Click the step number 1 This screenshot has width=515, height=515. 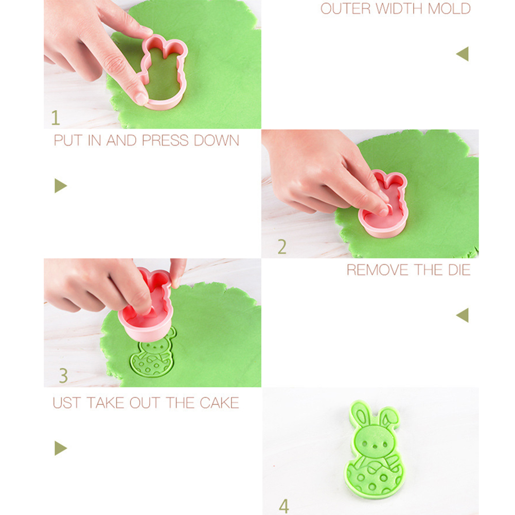click(x=55, y=118)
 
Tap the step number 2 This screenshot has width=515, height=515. click(x=282, y=246)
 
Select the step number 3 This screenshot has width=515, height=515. click(x=63, y=376)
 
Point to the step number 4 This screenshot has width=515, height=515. click(x=284, y=506)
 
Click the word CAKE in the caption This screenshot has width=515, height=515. click(x=219, y=403)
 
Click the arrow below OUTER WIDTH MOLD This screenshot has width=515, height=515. click(x=463, y=54)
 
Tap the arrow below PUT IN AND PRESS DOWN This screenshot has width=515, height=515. click(x=60, y=186)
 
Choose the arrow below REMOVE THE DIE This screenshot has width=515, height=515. click(x=463, y=315)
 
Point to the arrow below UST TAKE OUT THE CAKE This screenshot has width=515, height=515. click(x=60, y=448)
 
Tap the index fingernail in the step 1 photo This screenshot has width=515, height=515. click(x=141, y=98)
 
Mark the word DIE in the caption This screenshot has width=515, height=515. click(x=460, y=270)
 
